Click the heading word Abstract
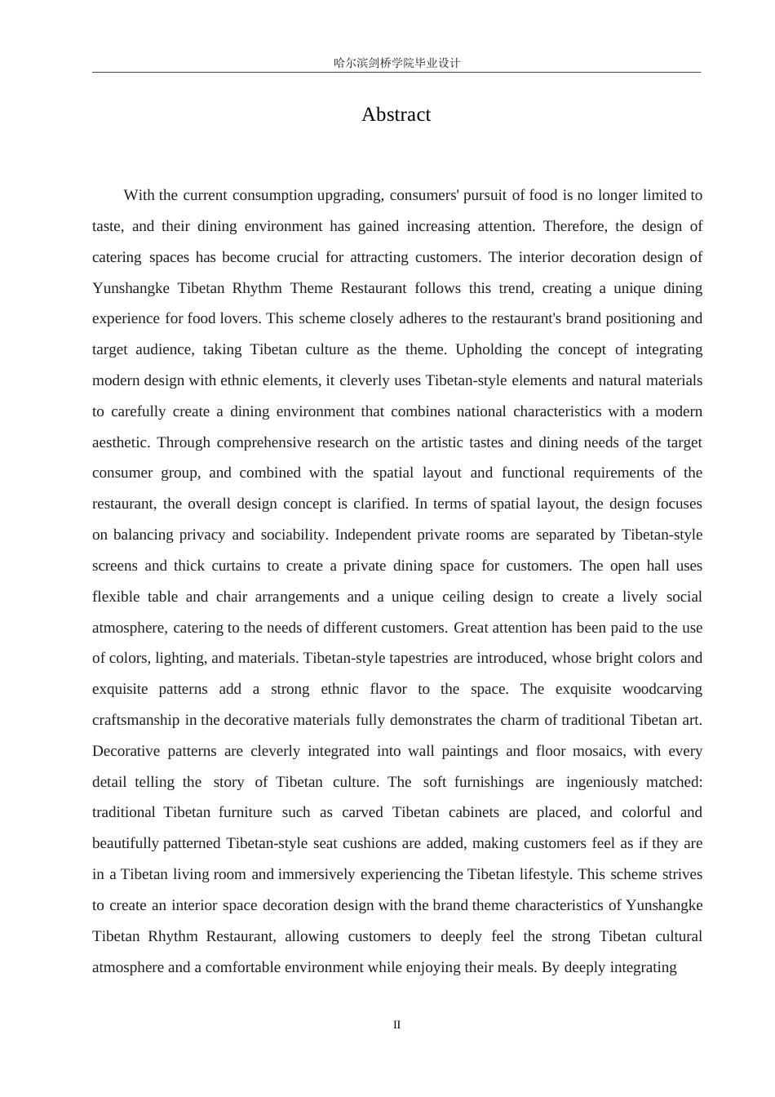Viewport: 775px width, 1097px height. (x=396, y=115)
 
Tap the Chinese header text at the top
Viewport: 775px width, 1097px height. (x=396, y=63)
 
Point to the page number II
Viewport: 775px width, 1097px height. (x=396, y=1025)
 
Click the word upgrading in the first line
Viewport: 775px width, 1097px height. (x=351, y=195)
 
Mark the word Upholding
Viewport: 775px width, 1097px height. (x=488, y=349)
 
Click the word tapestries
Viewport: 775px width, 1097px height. (x=418, y=658)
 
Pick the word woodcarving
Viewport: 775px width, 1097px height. (x=662, y=689)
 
